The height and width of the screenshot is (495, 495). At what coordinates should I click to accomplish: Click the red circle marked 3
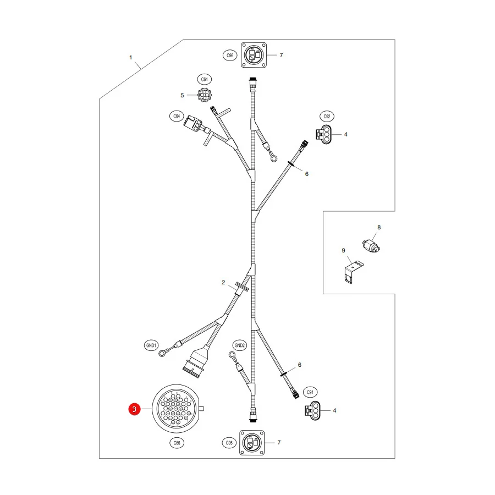[x=134, y=409]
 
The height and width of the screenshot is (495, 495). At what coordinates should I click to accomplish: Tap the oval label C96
[x=230, y=56]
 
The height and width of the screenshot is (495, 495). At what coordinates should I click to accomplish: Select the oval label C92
[x=327, y=117]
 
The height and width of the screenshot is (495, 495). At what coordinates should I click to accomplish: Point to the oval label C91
[x=310, y=392]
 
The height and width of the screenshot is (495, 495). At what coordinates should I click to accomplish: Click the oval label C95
[x=229, y=443]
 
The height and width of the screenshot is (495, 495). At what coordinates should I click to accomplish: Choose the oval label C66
[x=177, y=443]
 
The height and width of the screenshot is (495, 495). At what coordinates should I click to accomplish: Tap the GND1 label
[x=151, y=345]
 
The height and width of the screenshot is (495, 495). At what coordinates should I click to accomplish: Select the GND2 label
[x=240, y=345]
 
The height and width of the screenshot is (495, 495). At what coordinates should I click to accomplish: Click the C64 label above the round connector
[x=204, y=80]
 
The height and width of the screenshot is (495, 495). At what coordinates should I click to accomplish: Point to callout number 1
[x=131, y=57]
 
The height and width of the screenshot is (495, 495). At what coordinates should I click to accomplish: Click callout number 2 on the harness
[x=223, y=282]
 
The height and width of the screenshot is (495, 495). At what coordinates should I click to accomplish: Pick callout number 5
[x=182, y=95]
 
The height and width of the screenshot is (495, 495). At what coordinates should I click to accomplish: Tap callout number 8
[x=379, y=227]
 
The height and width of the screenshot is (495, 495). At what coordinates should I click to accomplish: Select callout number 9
[x=343, y=251]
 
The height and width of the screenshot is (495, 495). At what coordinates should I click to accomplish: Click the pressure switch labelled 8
[x=371, y=246]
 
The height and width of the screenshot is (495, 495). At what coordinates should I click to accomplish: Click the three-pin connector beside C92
[x=323, y=135]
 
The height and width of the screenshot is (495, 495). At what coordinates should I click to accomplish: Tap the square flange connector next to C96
[x=254, y=55]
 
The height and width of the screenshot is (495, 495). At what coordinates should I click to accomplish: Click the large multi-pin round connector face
[x=176, y=409]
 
